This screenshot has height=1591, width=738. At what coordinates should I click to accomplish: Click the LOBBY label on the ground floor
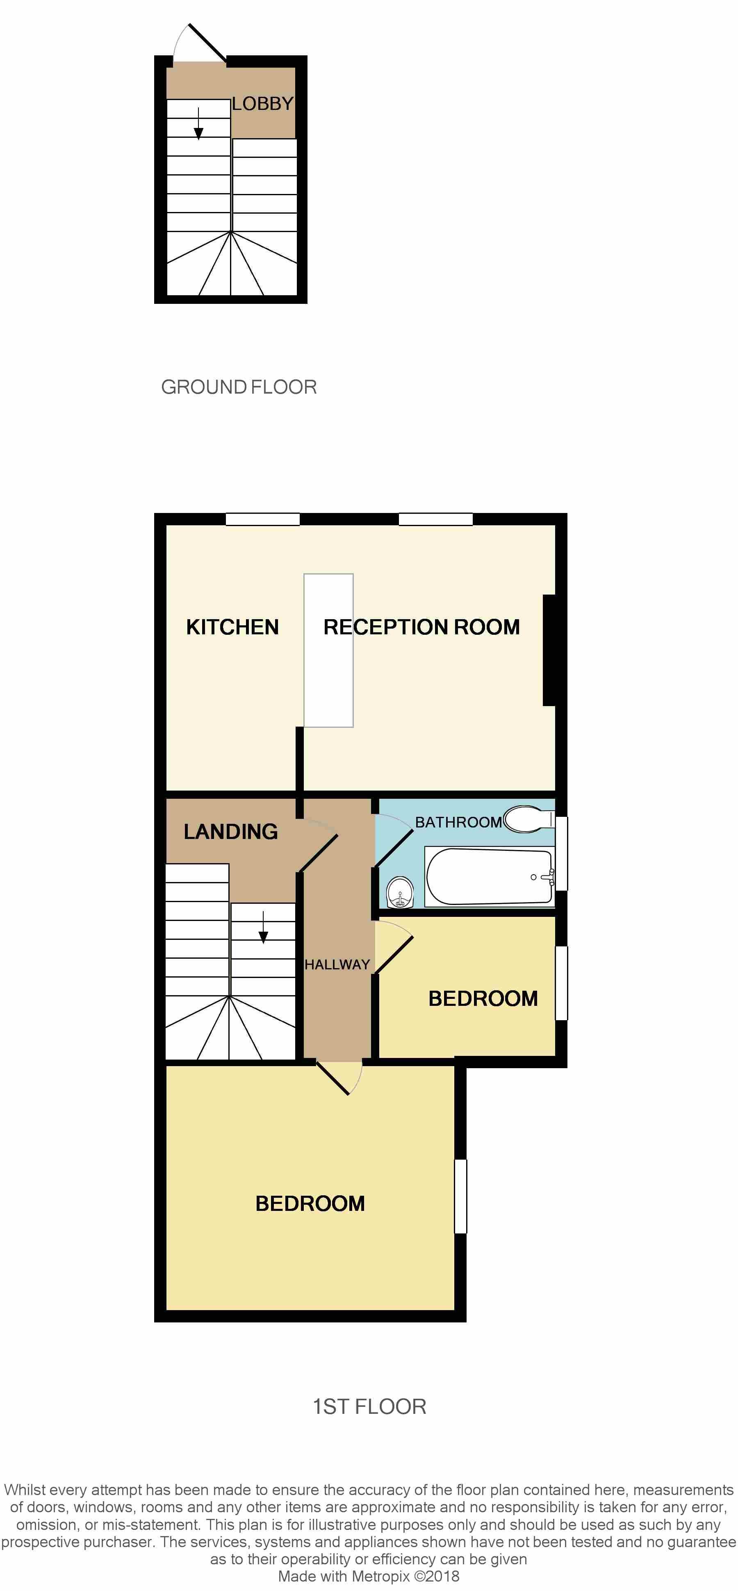point(262,104)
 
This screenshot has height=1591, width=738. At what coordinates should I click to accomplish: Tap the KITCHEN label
point(232,627)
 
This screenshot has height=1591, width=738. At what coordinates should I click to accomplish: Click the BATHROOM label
point(458,822)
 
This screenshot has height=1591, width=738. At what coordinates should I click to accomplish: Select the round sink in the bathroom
point(400,893)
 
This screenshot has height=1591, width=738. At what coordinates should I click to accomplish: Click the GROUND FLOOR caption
point(239,387)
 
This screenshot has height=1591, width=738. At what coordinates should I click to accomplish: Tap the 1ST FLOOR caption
point(369,1406)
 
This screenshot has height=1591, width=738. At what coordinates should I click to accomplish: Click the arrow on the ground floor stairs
point(198,123)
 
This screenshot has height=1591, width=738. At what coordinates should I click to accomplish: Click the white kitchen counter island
point(328,650)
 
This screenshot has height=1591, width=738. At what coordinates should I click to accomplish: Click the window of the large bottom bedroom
point(461,1197)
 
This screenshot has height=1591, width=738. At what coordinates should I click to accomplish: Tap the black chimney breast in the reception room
point(550,650)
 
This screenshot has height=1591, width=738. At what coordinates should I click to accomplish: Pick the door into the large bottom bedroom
point(339,1078)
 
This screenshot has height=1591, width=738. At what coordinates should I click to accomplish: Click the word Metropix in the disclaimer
point(381,1576)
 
